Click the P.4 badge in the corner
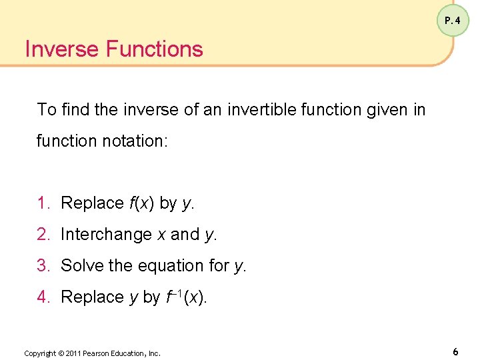453,21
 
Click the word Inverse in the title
61,49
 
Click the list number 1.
42,203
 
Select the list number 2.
42,235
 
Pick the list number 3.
42,266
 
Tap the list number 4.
42,297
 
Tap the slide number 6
455,351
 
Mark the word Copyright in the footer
39,353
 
